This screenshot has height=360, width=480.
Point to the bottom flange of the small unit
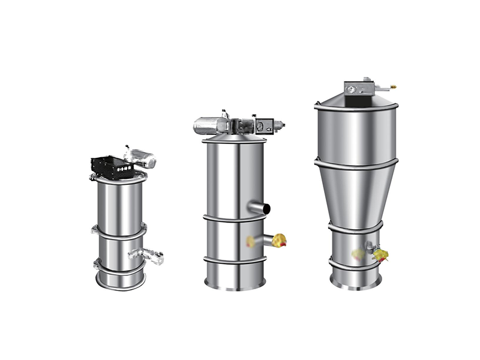pos(120,282)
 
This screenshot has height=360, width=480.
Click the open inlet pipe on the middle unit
pos(262,208)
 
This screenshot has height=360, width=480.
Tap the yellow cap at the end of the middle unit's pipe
pos(280,241)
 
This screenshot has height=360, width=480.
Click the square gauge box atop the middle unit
pos(263,127)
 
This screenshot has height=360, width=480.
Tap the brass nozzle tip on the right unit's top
pos(393,86)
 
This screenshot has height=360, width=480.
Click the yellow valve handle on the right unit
pos(380,255)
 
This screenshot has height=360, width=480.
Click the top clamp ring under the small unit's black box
pos(119,178)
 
